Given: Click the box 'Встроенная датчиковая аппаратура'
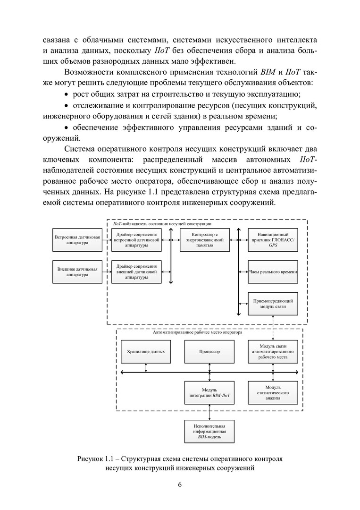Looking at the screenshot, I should tap(78, 239).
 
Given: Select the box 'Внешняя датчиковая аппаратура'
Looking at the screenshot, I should tap(78, 272).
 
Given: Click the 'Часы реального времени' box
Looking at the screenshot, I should tap(273, 272).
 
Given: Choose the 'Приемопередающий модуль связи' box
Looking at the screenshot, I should tap(273, 304).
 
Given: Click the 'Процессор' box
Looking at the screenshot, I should tap(209, 352).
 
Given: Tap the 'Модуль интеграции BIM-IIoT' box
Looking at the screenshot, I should tap(209, 392).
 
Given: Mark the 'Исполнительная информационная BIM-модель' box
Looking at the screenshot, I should tap(209, 431).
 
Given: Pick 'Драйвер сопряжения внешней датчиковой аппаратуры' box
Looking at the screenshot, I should tap(136, 272).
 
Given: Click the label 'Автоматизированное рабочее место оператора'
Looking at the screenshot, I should tap(197, 332).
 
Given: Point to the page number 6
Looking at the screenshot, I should tap(180, 485).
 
